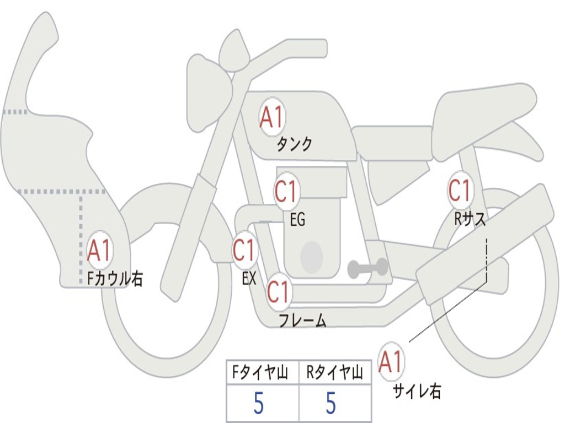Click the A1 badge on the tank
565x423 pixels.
271,117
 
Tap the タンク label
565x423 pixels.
294,144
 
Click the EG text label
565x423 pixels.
297,220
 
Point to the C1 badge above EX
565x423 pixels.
244,251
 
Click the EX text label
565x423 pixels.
249,279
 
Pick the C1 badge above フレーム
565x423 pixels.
279,292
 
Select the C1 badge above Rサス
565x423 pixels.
460,191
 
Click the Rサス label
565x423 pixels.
470,219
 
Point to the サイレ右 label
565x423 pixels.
417,391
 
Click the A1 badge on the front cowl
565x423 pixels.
100,251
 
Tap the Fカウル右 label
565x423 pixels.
115,279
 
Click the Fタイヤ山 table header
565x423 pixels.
258,373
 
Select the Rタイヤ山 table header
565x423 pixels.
334,373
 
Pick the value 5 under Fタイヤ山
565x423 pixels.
259,404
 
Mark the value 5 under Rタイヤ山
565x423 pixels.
331,404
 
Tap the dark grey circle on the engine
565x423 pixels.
312,256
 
